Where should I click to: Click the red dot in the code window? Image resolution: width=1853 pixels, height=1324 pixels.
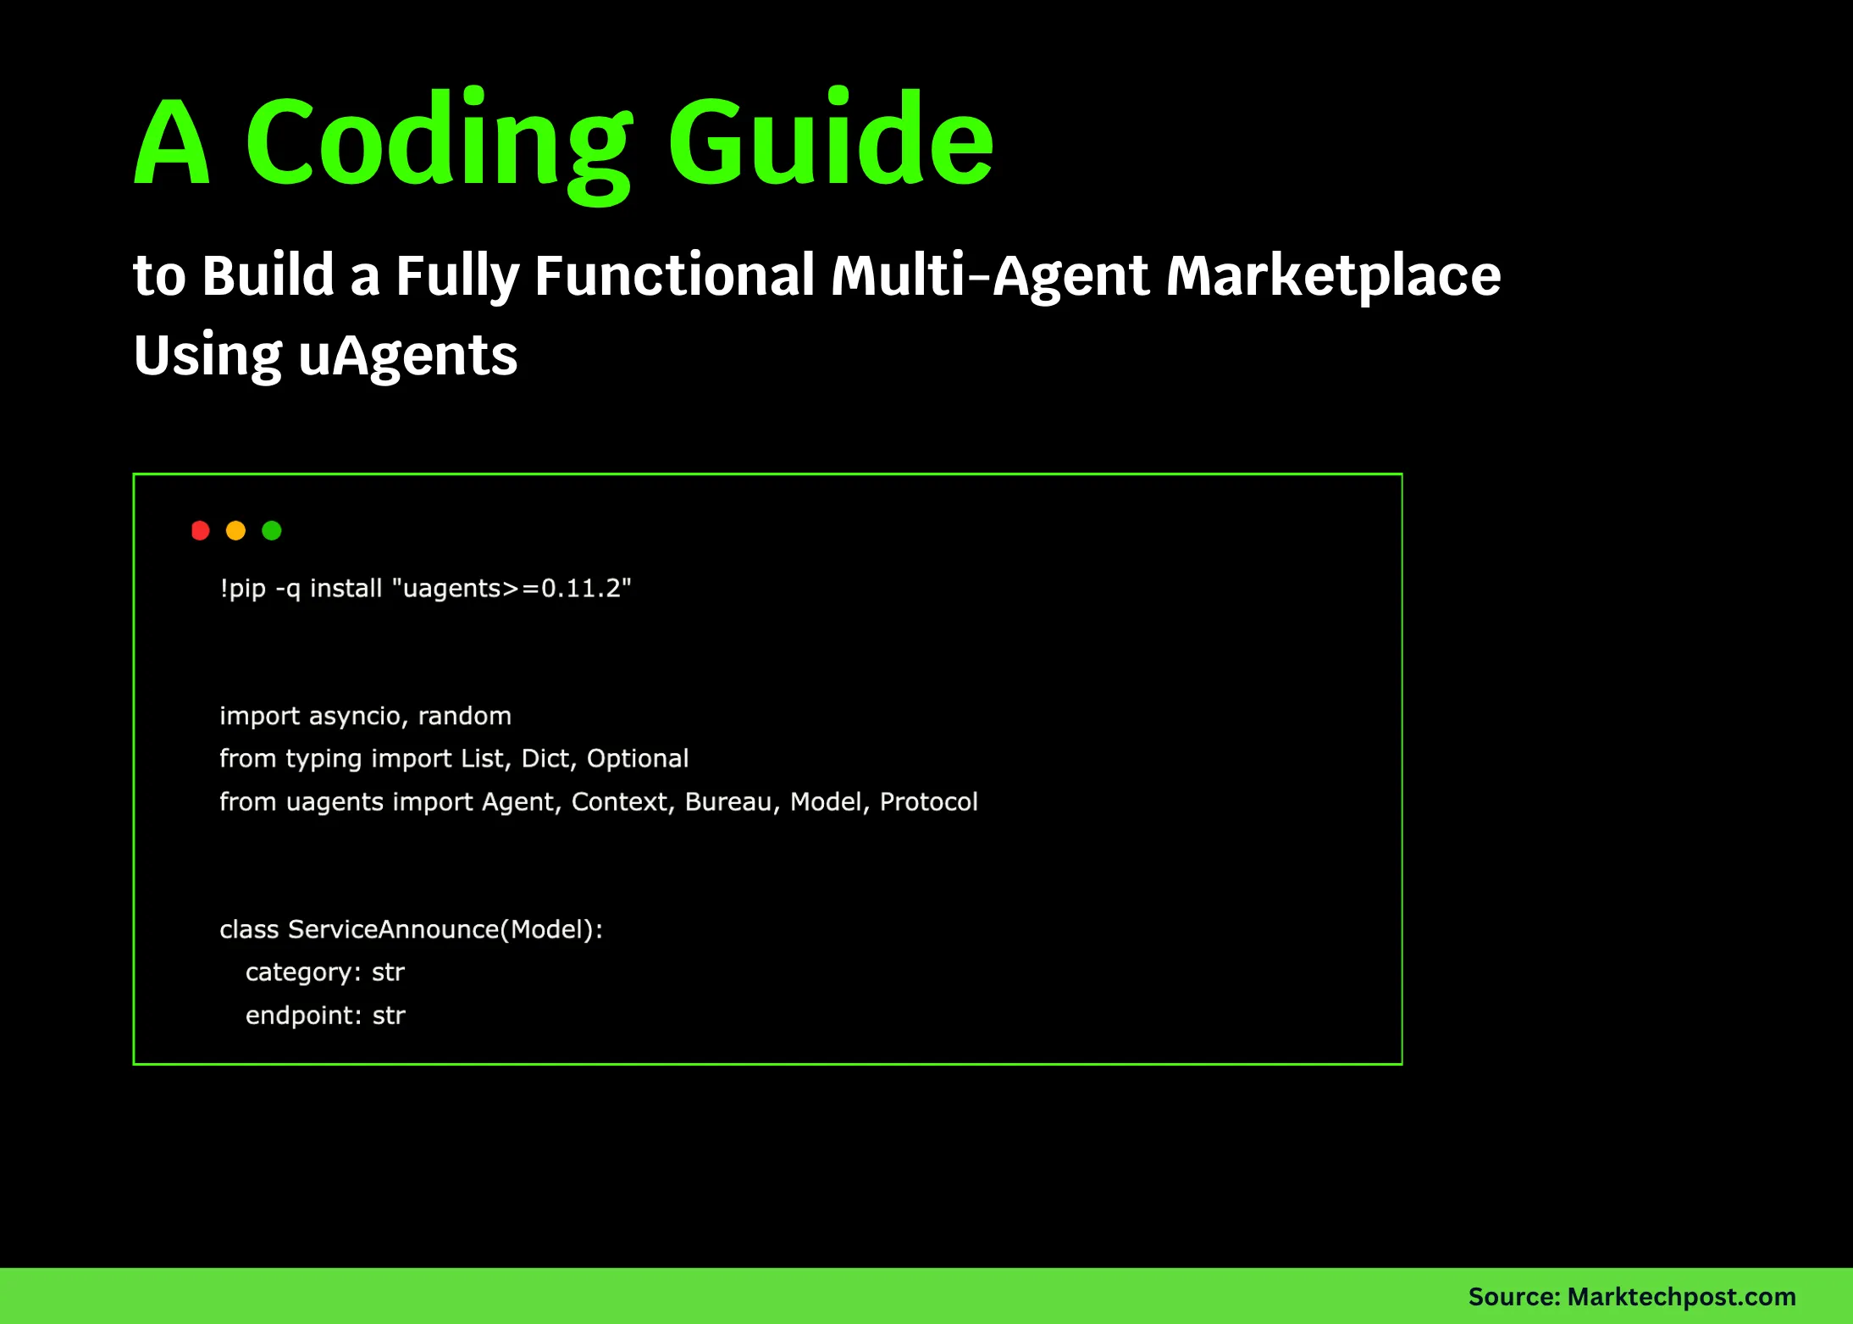(x=201, y=531)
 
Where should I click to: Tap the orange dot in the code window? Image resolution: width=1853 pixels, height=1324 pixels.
(x=236, y=531)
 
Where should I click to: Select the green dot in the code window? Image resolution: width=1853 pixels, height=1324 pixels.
(x=272, y=531)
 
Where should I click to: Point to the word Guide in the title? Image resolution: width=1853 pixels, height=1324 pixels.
(x=831, y=140)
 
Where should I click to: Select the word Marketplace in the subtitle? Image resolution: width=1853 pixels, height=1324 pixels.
(x=1333, y=276)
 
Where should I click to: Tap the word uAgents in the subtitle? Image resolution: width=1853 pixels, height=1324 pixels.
(x=408, y=356)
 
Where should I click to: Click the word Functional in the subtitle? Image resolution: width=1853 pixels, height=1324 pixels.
(x=674, y=276)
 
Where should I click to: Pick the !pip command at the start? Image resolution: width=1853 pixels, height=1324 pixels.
(x=243, y=589)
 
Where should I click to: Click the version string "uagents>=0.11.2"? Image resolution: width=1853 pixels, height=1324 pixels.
(x=512, y=589)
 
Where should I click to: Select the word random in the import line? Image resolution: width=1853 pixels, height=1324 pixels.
(x=464, y=717)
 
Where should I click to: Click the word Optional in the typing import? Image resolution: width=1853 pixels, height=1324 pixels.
(x=638, y=759)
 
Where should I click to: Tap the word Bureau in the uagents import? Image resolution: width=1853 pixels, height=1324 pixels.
(x=728, y=802)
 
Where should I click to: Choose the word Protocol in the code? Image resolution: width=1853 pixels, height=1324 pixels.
(x=928, y=802)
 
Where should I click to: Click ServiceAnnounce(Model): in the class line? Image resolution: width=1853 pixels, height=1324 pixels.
(x=445, y=930)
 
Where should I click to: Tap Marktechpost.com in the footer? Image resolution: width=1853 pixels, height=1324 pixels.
(x=1681, y=1297)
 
